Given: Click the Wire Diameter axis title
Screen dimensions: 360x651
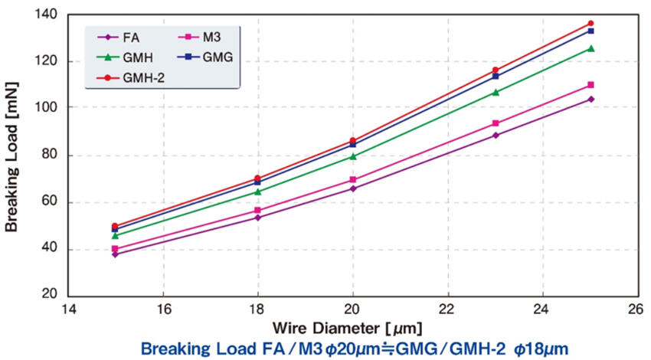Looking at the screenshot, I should click(352, 329).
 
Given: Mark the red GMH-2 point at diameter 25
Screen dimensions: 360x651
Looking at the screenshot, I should click(590, 24).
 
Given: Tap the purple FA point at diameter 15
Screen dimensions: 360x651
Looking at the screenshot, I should click(115, 254).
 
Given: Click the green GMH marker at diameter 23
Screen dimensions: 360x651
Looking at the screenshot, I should click(496, 92).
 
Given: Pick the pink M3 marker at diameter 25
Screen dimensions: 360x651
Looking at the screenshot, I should click(590, 85).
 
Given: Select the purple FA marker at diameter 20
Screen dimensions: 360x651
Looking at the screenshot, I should click(353, 188).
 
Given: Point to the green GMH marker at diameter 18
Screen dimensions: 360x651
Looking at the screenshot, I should click(258, 191).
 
